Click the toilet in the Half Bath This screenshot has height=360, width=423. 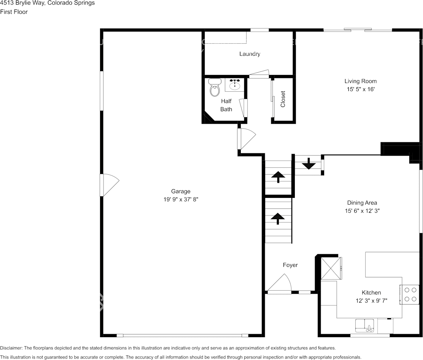pyautogui.click(x=215, y=88)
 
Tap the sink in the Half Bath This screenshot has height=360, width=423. pyautogui.click(x=235, y=84)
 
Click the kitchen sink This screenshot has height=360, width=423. pyautogui.click(x=365, y=326)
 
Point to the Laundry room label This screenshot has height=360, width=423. pyautogui.click(x=250, y=54)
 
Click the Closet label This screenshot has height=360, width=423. pyautogui.click(x=283, y=99)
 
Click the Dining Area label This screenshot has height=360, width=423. pyautogui.click(x=362, y=202)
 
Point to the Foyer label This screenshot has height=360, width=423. pyautogui.click(x=290, y=265)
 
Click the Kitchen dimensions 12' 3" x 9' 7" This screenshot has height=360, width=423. pyautogui.click(x=371, y=300)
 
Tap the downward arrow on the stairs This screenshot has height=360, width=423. pyautogui.click(x=309, y=164)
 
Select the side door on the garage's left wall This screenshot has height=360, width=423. pyautogui.click(x=109, y=185)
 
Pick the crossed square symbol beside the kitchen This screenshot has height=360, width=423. pyautogui.click(x=331, y=269)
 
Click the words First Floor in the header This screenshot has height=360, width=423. pyautogui.click(x=14, y=12)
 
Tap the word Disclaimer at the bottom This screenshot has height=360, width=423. pyautogui.click(x=11, y=348)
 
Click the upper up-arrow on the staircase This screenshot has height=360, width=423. pyautogui.click(x=278, y=177)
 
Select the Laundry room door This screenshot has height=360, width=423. pyautogui.click(x=259, y=73)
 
